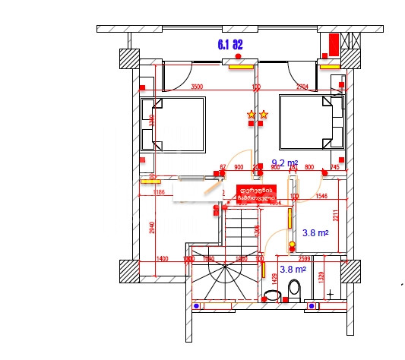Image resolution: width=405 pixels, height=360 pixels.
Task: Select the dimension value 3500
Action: click(x=197, y=87)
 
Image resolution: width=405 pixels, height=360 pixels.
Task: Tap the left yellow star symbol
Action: click(x=250, y=115)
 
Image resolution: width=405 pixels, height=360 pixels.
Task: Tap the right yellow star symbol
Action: click(x=263, y=115)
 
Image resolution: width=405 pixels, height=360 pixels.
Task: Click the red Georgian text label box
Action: click(x=255, y=194)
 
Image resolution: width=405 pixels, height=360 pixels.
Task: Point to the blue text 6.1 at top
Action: click(x=223, y=45)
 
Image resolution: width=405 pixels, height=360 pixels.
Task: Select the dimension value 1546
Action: click(x=323, y=196)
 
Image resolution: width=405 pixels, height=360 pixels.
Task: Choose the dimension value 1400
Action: click(x=162, y=259)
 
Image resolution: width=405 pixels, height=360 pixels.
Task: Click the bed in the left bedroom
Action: click(x=179, y=125)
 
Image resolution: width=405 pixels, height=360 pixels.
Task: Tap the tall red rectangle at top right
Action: click(x=333, y=45)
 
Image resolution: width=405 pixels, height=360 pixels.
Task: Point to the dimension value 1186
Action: click(x=158, y=193)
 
